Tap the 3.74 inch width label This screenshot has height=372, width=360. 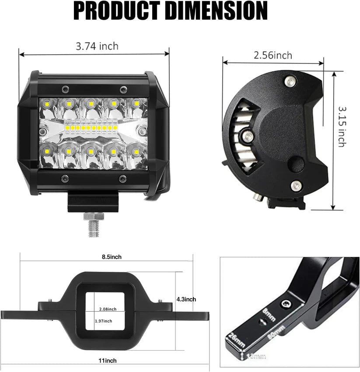(x=97, y=46)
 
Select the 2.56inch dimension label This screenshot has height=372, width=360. (x=273, y=55)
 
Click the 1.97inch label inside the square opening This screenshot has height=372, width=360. (x=104, y=321)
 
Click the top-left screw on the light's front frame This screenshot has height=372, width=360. (x=65, y=89)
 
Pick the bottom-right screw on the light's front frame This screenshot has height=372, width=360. (x=123, y=178)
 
